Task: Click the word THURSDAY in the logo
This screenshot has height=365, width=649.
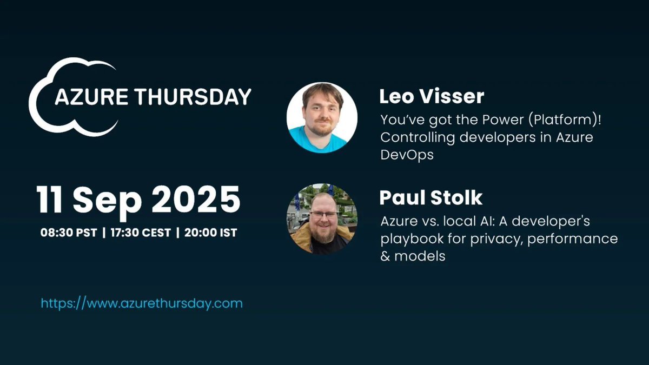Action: pos(192,97)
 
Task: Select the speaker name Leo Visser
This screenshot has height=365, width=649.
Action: pos(432,97)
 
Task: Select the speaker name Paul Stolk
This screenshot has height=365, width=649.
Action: pos(431,197)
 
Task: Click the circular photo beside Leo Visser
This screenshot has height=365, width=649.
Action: pos(322,117)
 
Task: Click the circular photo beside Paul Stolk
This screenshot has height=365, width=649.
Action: pos(322,218)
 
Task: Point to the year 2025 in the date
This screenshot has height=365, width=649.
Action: pos(196,200)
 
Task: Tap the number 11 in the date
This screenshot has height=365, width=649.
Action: pos(52,200)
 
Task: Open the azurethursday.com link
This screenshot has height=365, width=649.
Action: pos(142,303)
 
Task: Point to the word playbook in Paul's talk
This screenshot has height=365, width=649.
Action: pos(407,239)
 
